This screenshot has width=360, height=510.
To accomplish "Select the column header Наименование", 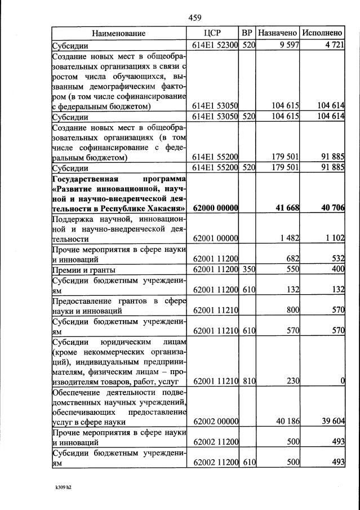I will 119,34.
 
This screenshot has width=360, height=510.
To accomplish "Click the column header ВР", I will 247,34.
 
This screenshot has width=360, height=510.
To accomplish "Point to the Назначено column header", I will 278,34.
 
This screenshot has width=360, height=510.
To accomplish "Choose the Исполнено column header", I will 322,34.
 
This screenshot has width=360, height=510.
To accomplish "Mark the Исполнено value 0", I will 341,382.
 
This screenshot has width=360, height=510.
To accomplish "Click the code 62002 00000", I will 215,421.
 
